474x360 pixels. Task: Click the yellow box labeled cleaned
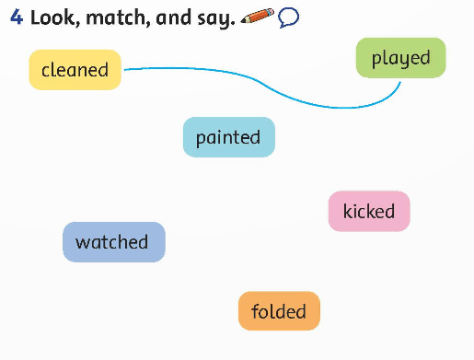click(x=75, y=70)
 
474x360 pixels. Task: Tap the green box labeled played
click(x=400, y=58)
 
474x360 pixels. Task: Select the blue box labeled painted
click(x=228, y=137)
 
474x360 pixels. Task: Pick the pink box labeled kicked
click(x=368, y=212)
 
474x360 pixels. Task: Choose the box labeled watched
click(x=113, y=242)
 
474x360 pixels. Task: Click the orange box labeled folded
click(x=279, y=311)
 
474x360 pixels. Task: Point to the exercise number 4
click(x=16, y=17)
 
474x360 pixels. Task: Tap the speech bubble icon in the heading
click(x=288, y=17)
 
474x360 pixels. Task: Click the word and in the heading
click(x=172, y=17)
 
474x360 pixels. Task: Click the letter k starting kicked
click(x=348, y=211)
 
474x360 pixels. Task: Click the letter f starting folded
click(x=255, y=310)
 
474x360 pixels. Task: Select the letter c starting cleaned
click(x=46, y=70)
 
